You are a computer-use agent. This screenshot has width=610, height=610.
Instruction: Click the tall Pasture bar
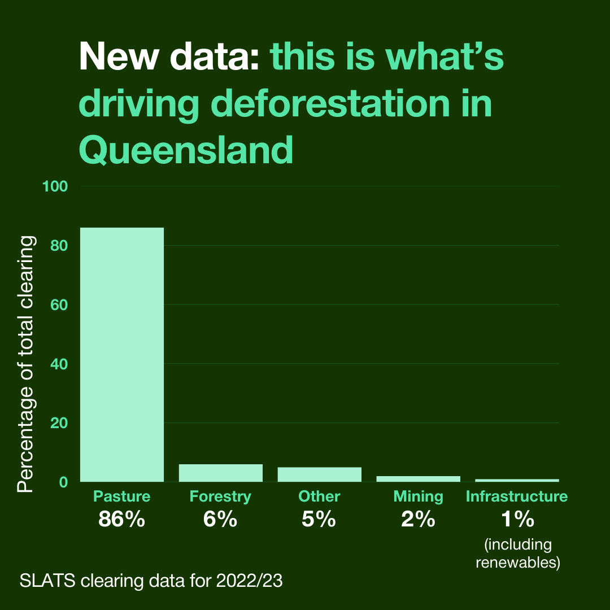click(x=122, y=354)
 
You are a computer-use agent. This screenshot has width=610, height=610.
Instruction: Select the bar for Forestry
click(x=221, y=473)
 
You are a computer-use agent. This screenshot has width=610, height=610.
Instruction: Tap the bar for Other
click(x=319, y=474)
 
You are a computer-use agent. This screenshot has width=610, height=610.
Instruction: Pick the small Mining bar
click(x=418, y=479)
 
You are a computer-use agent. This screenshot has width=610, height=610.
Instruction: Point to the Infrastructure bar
click(x=517, y=480)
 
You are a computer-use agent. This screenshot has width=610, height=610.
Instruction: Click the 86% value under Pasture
click(x=122, y=519)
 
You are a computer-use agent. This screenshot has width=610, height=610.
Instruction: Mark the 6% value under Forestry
click(x=220, y=519)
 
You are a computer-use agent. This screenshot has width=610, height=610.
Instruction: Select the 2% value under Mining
click(x=418, y=519)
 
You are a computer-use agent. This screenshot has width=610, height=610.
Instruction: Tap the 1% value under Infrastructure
click(x=517, y=519)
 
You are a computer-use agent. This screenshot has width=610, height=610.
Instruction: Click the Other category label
click(x=319, y=496)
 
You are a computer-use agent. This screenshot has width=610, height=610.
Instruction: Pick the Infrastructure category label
click(x=517, y=496)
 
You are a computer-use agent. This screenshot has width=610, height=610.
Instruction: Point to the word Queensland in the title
click(x=186, y=150)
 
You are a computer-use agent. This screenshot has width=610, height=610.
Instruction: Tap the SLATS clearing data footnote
click(x=151, y=581)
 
